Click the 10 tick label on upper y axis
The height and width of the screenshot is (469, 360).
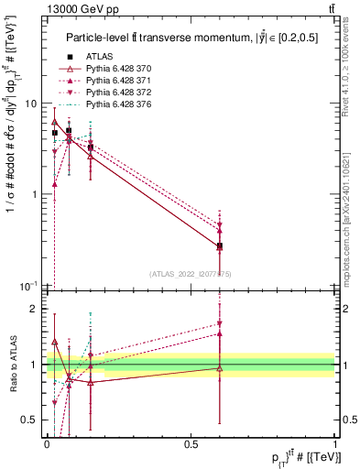click(31, 104)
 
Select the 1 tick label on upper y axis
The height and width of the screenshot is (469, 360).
click(35, 194)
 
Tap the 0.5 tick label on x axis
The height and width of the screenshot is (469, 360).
click(191, 443)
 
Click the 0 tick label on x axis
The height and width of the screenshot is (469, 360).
click(47, 443)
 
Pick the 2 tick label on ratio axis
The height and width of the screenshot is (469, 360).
click(35, 309)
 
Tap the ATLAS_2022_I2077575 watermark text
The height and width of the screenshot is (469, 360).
click(191, 274)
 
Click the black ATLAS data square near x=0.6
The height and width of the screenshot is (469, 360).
click(219, 246)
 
